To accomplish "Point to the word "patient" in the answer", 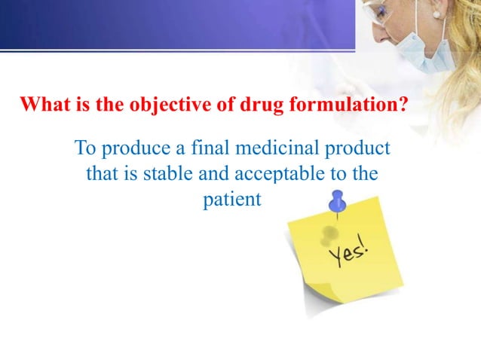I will pyautogui.click(x=232, y=201).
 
